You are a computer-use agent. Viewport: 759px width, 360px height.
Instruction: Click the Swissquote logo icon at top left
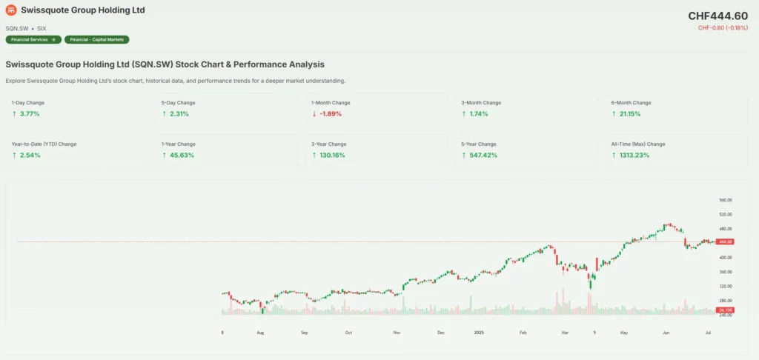(12, 11)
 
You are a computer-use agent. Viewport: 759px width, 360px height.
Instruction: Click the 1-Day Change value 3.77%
(30, 114)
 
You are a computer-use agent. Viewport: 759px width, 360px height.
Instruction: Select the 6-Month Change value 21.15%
(630, 114)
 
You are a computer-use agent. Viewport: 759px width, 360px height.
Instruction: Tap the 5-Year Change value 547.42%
(481, 155)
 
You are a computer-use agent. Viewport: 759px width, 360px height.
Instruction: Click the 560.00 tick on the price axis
(725, 200)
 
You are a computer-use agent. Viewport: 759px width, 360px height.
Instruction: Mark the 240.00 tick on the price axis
(725, 315)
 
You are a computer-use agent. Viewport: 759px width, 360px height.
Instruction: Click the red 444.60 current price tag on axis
(725, 241)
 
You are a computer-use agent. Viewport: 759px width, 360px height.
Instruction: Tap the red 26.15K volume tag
(725, 309)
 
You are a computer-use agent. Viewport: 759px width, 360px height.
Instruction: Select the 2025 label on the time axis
(479, 333)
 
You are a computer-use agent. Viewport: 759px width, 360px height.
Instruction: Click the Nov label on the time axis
(397, 333)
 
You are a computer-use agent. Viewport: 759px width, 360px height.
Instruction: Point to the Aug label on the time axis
(260, 333)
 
